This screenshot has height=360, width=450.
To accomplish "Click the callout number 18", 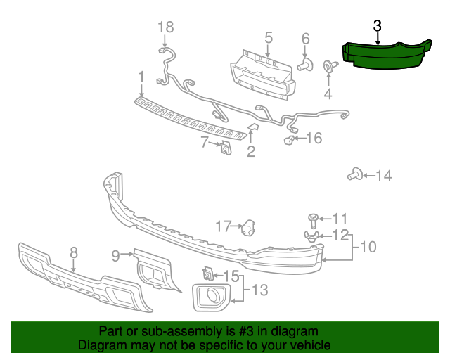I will coord(165,27).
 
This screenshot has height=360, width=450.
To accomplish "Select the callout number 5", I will coord(269,37).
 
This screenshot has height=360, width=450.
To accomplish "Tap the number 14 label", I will coord(384,176).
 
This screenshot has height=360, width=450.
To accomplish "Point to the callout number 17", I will coord(223,226).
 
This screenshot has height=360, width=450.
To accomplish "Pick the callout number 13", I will coord(259,290).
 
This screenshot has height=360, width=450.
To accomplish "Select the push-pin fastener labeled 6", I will coord(304,66).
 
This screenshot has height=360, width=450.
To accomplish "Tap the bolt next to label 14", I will coord(355,175).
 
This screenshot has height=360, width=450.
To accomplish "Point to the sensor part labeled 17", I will coord(248,228).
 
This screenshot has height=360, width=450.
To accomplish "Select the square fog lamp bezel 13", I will coord(210,297).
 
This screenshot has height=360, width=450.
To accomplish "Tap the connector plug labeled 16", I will coord(289,141).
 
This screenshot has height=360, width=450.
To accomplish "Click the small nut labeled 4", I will coord(328,67).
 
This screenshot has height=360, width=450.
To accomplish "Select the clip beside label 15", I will coord(207,273).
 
